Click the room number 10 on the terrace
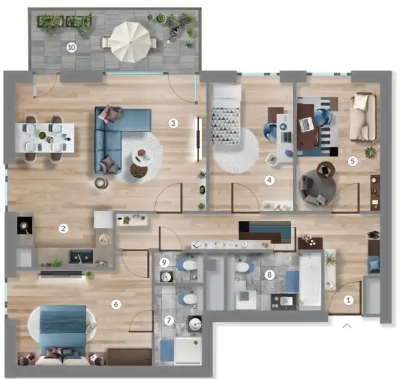tap(71, 47)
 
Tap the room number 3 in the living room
tap(174, 123)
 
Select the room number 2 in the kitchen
tap(63, 228)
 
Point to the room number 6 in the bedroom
tap(116, 304)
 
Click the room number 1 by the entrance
tap(349, 299)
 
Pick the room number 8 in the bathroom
tap(269, 274)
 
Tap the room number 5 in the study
tap(353, 161)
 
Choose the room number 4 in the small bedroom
tap(269, 181)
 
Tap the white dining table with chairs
tap(44, 139)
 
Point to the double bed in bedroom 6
tap(63, 332)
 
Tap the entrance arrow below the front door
tap(346, 326)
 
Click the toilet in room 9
tap(187, 264)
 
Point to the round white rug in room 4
tap(236, 151)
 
